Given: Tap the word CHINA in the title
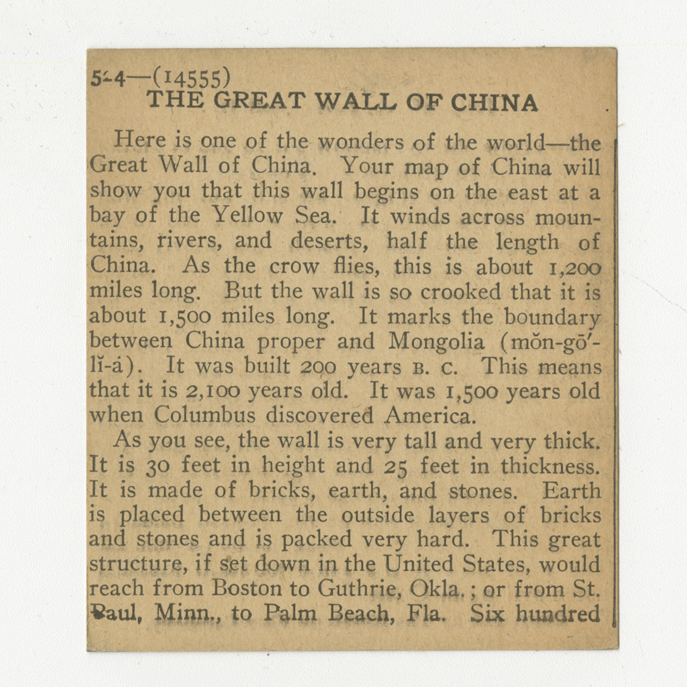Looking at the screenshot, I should pos(494,103).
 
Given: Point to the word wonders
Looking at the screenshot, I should pos(361,142).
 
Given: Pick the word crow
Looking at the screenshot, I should pos(294,267).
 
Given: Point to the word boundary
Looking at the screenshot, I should pos(552,317).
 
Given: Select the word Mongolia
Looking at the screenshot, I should pos(436,342).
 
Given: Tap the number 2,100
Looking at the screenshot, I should pos(212,391).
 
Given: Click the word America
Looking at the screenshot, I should pos(428,416).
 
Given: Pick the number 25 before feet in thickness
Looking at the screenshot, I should pos(395,467).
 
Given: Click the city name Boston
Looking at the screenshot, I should pos(245,588).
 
